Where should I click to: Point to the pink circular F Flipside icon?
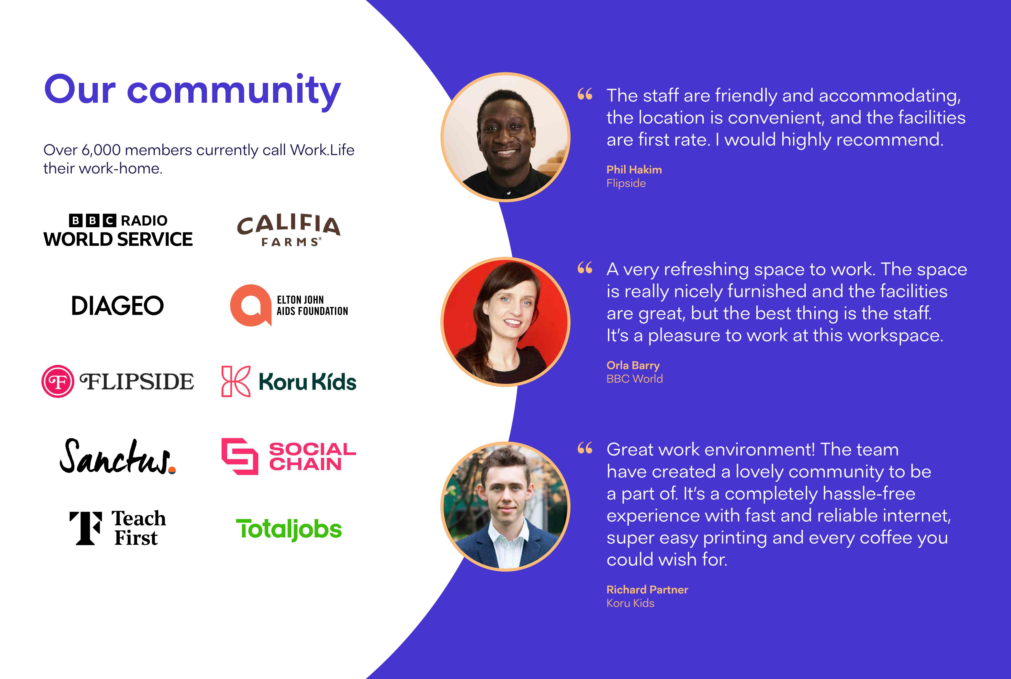pos(57,381)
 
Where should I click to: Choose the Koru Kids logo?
pos(289,381)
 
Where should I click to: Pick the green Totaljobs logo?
pos(289,529)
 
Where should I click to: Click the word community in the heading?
pos(234,91)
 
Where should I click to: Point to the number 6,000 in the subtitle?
pos(101,150)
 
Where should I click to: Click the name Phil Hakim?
pos(634,170)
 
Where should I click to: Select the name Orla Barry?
pos(633,365)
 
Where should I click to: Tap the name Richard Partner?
pos(647,589)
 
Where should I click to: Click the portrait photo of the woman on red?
pos(505,322)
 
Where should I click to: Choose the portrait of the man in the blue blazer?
pos(505,506)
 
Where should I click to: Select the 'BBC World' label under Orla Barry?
pos(634,379)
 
